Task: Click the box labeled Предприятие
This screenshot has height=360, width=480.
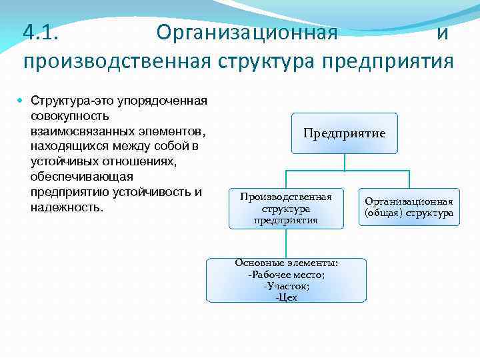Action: coord(344,133)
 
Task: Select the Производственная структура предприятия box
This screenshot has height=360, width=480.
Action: coord(286,208)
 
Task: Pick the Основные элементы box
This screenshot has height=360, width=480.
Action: coord(286,280)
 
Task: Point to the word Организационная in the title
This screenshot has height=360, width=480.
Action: coord(247,32)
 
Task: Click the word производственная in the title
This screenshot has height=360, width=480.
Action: coord(117,61)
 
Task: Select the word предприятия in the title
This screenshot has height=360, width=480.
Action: coord(387,61)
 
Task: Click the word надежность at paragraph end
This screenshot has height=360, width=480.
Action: coord(66,207)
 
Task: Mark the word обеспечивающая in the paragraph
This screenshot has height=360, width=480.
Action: coord(82,177)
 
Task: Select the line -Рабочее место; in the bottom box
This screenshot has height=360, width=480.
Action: coord(287,275)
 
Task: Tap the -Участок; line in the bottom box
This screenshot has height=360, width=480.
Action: coord(287,286)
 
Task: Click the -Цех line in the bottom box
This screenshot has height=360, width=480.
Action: coord(287,297)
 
